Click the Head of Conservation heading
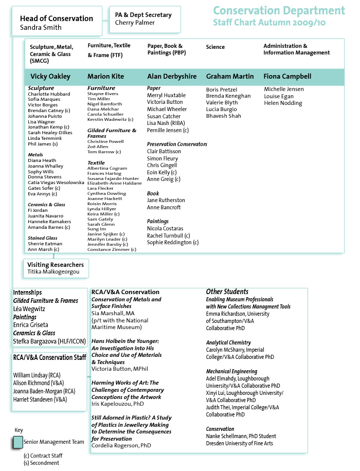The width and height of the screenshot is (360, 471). [57, 19]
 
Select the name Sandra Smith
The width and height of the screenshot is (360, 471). [41, 28]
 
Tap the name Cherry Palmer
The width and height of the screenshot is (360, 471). [134, 23]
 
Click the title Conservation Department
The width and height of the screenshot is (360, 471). [279, 11]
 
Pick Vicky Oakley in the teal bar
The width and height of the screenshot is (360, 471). [50, 77]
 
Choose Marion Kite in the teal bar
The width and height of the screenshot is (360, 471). [105, 77]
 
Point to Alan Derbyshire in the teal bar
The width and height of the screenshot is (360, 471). [172, 77]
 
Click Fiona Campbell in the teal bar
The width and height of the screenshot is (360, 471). [287, 77]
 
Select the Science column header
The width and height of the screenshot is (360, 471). [215, 47]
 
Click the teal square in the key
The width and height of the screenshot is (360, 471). [18, 442]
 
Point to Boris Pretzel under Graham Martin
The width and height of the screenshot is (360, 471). [222, 89]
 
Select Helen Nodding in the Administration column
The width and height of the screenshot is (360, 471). [283, 103]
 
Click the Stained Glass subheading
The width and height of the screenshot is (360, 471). [43, 238]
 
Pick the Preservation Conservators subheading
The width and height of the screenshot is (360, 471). [177, 144]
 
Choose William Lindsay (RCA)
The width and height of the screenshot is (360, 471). [37, 375]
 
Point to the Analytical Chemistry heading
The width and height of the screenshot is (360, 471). [228, 342]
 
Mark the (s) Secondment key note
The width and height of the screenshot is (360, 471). [41, 463]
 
